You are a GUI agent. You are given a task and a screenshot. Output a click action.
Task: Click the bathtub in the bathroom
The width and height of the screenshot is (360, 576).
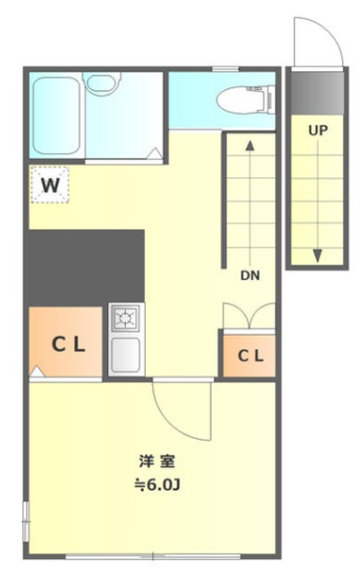pos(56,116)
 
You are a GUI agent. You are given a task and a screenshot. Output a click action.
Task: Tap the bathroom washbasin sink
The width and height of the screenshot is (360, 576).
pos(102,84)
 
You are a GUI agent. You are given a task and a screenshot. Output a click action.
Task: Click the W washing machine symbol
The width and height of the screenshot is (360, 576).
pos(49,184)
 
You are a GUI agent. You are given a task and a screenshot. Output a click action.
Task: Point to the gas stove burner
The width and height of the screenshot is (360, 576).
pos(126,318)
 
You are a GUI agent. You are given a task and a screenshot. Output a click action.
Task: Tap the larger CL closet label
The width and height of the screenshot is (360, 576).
pos(68,345)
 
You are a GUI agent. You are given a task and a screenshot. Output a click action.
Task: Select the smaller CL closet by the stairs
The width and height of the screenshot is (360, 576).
pos(249,355)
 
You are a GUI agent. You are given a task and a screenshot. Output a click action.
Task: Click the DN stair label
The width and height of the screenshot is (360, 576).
pos(250,275)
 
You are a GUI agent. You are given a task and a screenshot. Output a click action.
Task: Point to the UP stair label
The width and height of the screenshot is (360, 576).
pos(318,130)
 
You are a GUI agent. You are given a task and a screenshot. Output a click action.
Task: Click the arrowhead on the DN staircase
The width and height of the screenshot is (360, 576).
pos(250,146)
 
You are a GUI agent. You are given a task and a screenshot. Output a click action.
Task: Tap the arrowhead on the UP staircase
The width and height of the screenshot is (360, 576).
pos(318,256)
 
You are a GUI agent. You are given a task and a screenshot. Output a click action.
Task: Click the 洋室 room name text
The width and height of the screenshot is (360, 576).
pos(157,462)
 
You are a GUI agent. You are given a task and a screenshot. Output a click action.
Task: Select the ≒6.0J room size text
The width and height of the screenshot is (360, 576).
pos(157,485)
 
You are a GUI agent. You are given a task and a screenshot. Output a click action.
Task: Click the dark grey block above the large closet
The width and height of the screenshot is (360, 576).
pos(86,267)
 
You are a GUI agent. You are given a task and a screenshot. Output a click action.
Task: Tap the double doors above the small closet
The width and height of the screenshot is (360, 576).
pos(249,315)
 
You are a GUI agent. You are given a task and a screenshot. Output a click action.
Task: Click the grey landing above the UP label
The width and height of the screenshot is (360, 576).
pos(318,93)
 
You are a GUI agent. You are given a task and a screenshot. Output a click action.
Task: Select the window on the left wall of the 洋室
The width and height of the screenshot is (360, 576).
pos(26,521)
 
